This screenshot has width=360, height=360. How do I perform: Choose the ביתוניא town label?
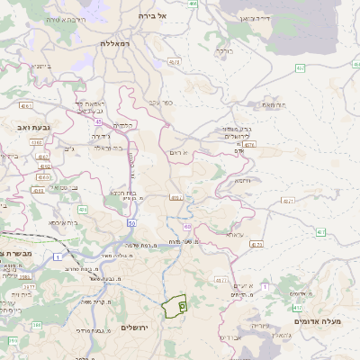click(43, 67)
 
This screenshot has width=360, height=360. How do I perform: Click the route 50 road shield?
click(131, 222)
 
